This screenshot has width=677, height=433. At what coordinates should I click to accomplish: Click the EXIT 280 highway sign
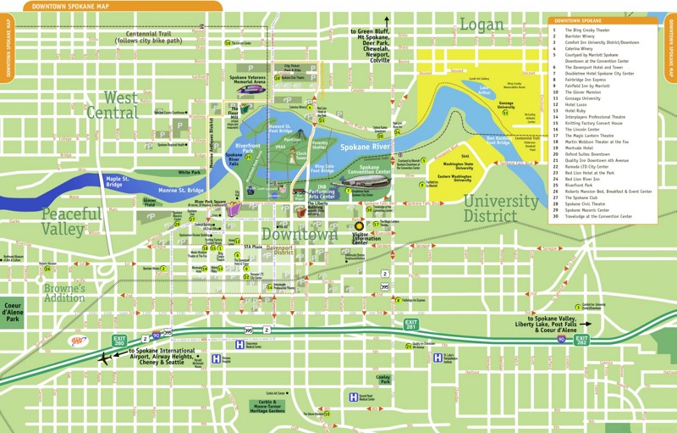(x=119, y=340)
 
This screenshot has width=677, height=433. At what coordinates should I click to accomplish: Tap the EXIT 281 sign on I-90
(x=411, y=325)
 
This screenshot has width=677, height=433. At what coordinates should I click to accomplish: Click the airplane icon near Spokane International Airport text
(x=105, y=357)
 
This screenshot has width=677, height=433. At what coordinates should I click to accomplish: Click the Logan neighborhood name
(x=481, y=25)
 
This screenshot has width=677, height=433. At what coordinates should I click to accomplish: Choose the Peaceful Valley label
(x=75, y=220)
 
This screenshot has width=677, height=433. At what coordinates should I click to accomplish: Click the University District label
(x=500, y=208)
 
